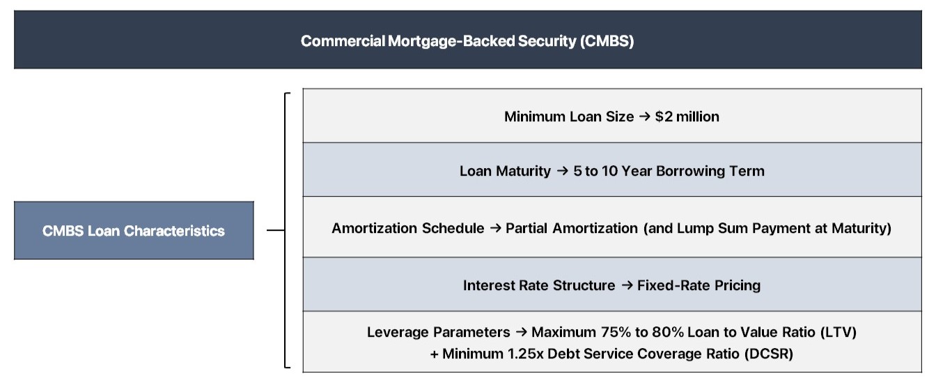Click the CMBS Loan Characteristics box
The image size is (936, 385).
click(x=134, y=231)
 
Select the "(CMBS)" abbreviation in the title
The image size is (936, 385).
click(x=607, y=41)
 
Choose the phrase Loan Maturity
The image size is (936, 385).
click(x=505, y=171)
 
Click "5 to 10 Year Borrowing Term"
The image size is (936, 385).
click(x=669, y=171)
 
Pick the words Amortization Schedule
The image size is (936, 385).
click(x=407, y=228)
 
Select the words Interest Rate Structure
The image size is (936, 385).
click(x=539, y=285)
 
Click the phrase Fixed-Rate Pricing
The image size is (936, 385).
click(x=699, y=285)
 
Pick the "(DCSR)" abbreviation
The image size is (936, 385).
click(x=770, y=354)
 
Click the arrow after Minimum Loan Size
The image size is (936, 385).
click(x=644, y=117)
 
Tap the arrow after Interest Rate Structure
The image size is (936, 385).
click(x=626, y=285)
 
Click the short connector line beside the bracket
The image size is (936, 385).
click(x=276, y=229)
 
